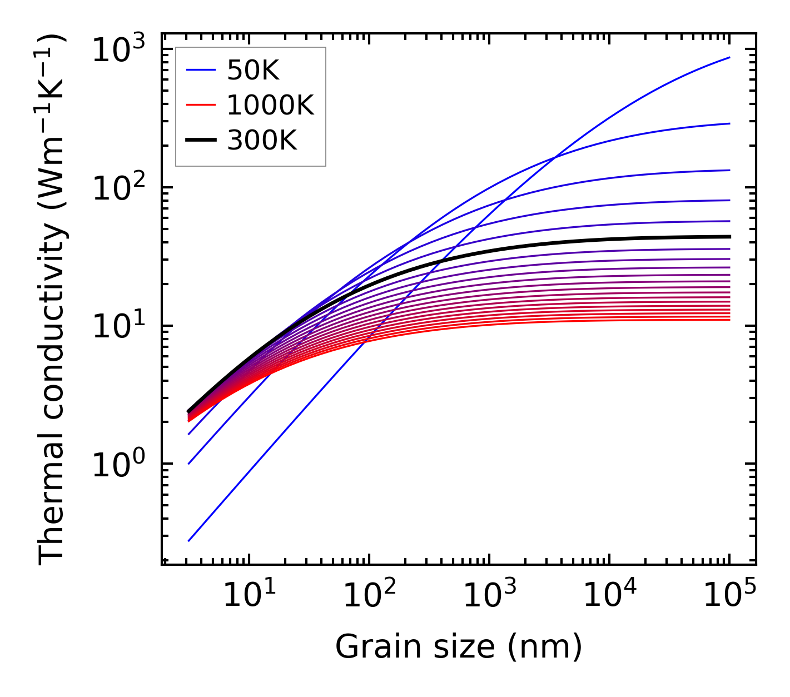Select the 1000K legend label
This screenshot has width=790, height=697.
click(x=270, y=105)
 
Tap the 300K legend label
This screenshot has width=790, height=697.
click(x=262, y=141)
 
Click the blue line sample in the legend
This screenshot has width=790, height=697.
click(x=201, y=70)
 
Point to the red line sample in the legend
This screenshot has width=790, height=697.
click(x=201, y=105)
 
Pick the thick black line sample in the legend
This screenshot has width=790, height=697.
click(x=201, y=141)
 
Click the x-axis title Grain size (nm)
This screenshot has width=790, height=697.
click(x=459, y=647)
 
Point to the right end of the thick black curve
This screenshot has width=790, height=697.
click(x=729, y=237)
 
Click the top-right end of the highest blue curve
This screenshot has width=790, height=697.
click(x=729, y=57)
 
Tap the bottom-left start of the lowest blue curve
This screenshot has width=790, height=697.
click(x=189, y=540)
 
